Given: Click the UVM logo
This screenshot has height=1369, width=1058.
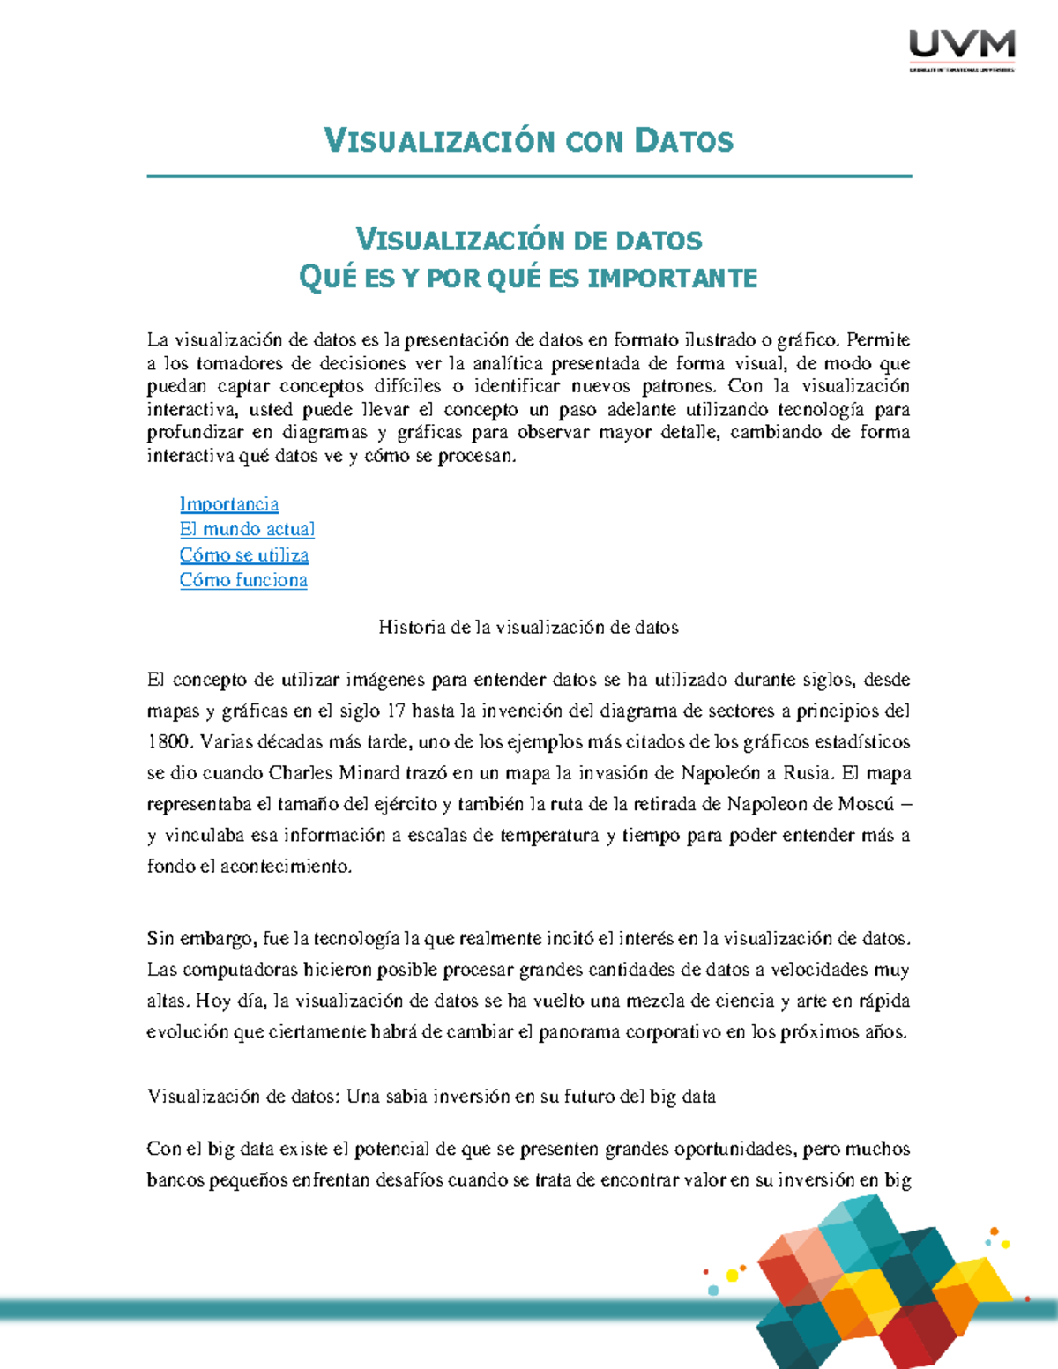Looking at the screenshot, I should (962, 49).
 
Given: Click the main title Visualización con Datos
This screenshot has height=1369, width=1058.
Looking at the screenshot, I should (529, 141).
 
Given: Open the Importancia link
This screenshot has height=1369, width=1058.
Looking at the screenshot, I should (229, 504).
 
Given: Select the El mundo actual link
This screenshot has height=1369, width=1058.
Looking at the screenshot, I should (247, 529).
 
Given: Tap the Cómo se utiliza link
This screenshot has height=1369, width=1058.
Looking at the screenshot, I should (244, 555).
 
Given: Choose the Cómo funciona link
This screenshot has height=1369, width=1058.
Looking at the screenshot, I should (243, 580).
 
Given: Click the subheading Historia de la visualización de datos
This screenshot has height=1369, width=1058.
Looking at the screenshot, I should (528, 628).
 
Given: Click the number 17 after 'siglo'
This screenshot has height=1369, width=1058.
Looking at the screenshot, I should (396, 711).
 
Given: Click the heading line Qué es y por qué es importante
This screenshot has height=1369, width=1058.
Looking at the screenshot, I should (529, 279).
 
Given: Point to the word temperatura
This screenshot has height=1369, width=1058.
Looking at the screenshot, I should (549, 836).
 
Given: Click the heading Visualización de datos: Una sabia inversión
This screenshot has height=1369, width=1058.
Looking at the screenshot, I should (431, 1097).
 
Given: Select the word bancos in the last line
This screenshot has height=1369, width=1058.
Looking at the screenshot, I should (175, 1180).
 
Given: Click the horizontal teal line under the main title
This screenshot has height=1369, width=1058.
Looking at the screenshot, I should (529, 176).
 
